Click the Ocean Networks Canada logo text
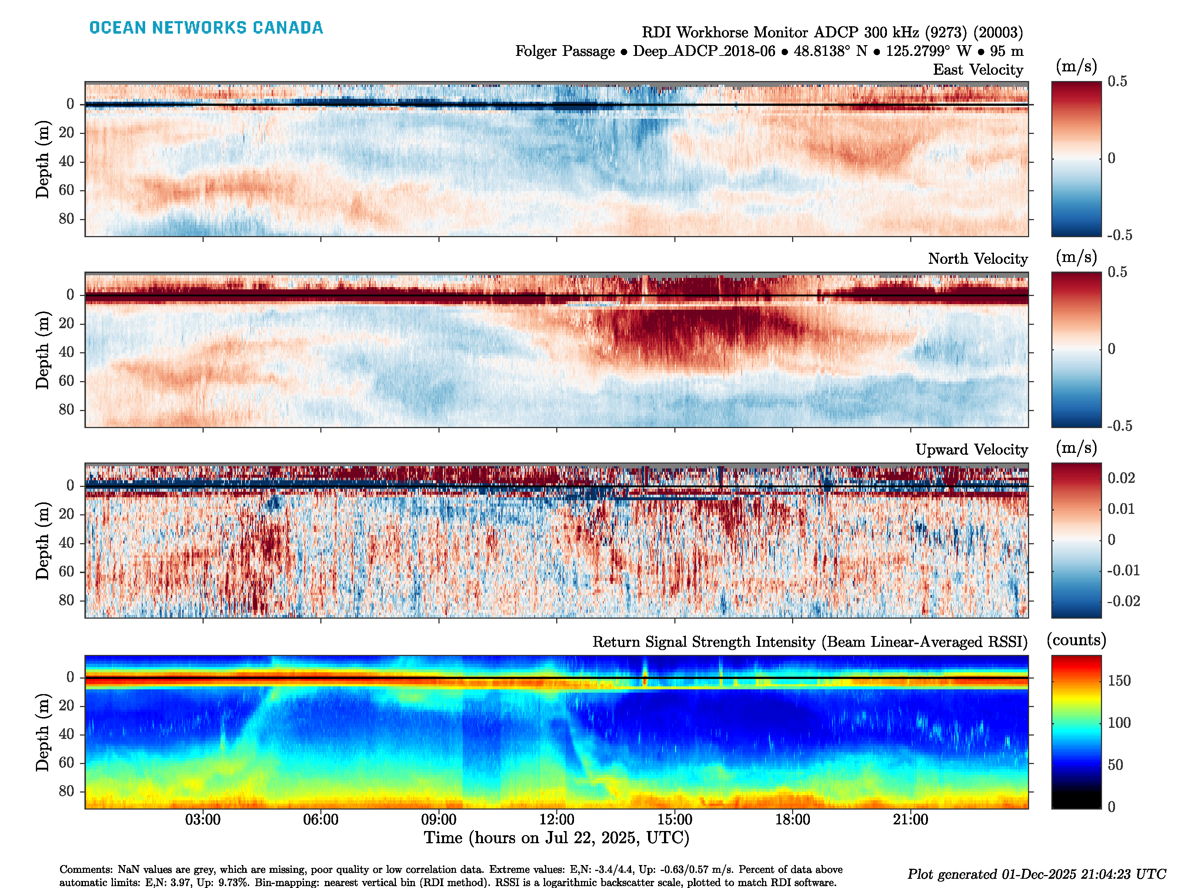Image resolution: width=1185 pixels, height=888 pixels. coord(206,28)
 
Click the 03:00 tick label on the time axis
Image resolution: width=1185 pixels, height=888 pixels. coord(203,820)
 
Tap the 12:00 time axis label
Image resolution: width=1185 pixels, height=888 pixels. coord(557,820)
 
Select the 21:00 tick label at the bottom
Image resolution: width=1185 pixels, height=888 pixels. coord(910,820)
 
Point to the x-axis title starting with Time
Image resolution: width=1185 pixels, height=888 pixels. coord(556,838)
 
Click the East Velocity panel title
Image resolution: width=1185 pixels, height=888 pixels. coord(978,70)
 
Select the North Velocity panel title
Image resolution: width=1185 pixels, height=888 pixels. coord(978,259)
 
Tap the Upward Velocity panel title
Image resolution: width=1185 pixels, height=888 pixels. coord(971,450)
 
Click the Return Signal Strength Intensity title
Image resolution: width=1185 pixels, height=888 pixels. coord(810,642)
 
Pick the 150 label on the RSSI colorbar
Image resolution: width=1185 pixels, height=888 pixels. coord(1119,681)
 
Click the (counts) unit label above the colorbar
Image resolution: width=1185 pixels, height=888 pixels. coord(1076,640)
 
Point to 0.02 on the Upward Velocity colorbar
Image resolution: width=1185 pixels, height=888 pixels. coord(1121,478)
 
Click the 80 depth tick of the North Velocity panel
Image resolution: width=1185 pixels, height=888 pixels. coord(66,410)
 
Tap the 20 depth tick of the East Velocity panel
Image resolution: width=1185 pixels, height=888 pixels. coord(66,133)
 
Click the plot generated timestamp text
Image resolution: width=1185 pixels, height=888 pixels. coord(1036,874)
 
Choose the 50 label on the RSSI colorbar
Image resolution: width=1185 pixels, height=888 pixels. coord(1115,765)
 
